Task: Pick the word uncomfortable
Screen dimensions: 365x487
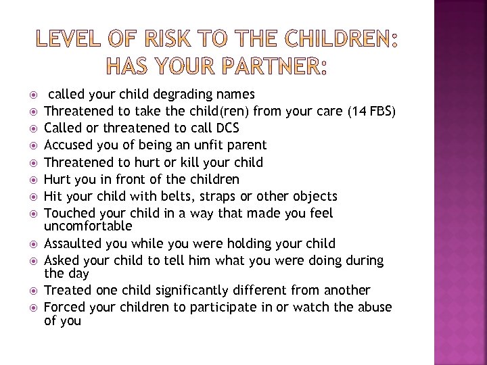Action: pos(88,225)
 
